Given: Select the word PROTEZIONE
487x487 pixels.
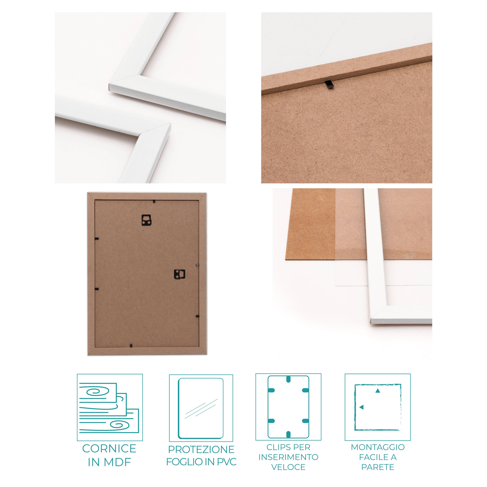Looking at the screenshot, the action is pyautogui.click(x=201, y=449).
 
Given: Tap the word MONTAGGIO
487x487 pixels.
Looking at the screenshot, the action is pyautogui.click(x=378, y=447).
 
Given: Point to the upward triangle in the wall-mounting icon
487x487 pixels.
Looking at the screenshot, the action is pyautogui.click(x=377, y=391).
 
